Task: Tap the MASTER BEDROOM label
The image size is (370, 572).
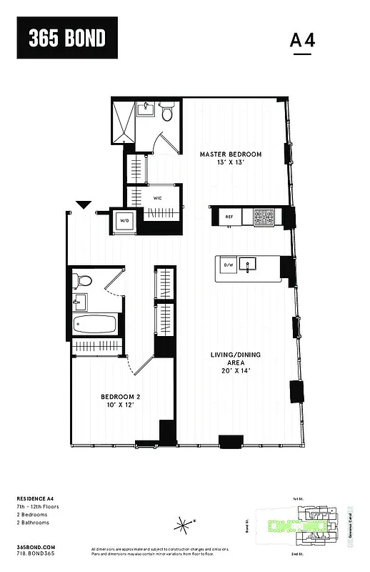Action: (x=230, y=159)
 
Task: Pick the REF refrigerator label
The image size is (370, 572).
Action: (x=229, y=217)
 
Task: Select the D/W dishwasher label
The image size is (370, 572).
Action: (x=229, y=265)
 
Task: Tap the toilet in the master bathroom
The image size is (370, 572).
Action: (x=166, y=113)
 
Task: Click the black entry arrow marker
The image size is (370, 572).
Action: (x=84, y=204)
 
